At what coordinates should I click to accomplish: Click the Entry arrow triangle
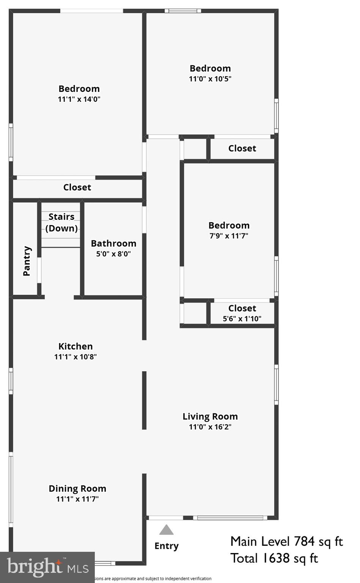[166, 530]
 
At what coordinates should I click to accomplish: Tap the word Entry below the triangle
[166, 546]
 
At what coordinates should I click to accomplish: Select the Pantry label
[27, 261]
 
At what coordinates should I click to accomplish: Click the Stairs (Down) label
[61, 222]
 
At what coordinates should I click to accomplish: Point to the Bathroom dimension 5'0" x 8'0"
[113, 254]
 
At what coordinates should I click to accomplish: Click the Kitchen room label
[75, 346]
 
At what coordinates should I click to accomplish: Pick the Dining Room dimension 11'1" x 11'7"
[77, 499]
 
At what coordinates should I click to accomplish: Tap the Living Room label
[210, 416]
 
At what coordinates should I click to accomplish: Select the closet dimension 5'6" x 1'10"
[242, 318]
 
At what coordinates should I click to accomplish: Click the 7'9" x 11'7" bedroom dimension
[229, 236]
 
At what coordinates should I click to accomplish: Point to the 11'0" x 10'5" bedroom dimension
[210, 79]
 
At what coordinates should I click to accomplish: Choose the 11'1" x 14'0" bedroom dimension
[79, 99]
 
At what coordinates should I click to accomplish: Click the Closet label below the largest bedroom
[77, 187]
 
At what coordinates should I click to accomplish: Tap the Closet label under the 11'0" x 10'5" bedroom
[242, 148]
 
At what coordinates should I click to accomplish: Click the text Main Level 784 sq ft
[286, 541]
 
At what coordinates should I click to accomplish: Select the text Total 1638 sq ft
[274, 558]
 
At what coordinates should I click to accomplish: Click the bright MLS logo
[47, 567]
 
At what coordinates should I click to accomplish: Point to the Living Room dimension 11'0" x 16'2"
[210, 427]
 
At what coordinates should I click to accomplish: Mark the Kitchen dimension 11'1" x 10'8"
[75, 356]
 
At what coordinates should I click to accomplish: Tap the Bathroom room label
[113, 243]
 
